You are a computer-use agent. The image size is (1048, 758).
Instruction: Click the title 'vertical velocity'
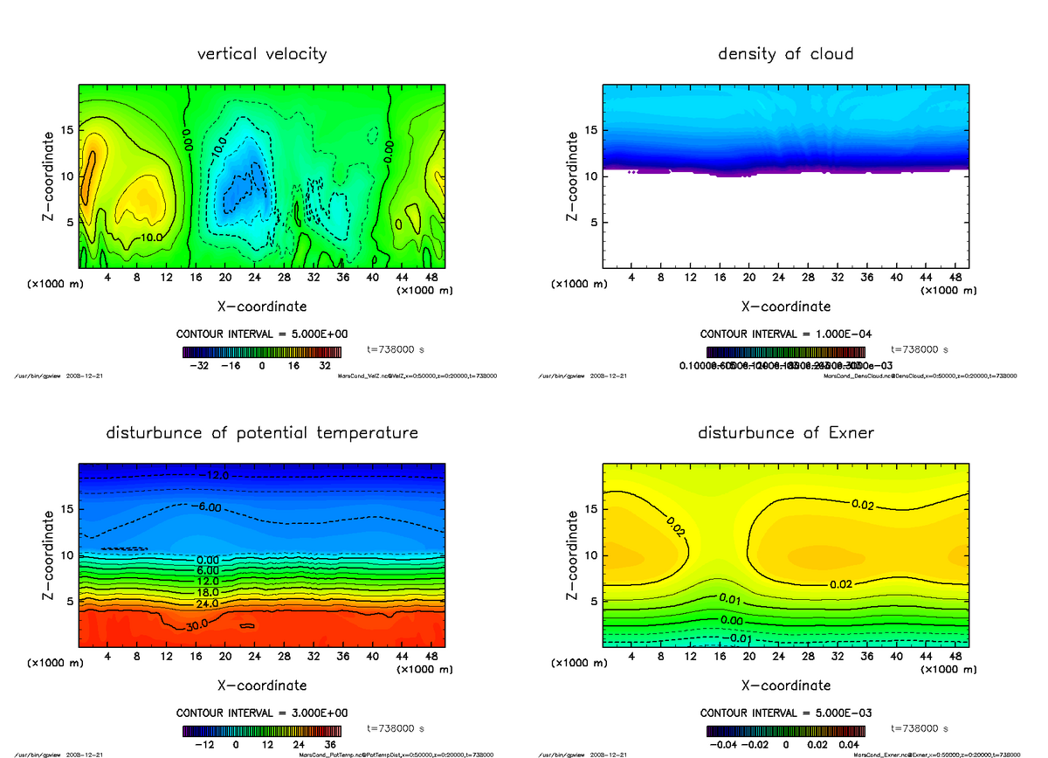[262, 54]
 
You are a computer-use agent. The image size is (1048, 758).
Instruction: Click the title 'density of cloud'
[785, 54]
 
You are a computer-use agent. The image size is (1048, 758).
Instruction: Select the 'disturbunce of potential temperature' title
[262, 433]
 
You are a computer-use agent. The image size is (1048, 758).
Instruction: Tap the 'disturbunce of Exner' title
[785, 433]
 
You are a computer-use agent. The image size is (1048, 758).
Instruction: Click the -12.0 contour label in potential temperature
[214, 476]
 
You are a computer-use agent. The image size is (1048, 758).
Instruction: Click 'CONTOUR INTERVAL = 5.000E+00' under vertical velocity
[262, 334]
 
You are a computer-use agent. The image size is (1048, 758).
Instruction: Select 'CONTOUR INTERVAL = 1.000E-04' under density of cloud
[785, 334]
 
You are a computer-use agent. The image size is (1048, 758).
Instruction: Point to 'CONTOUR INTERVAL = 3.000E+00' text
[262, 713]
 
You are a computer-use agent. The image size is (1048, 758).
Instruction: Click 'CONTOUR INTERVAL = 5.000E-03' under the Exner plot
[785, 713]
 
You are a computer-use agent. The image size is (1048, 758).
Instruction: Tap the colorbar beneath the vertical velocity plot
[262, 352]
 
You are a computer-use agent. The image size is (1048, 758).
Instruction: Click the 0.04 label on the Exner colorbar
[850, 745]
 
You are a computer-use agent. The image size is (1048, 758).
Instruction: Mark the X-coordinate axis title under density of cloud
[785, 307]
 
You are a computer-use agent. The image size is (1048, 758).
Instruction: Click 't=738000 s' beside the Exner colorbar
[920, 728]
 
